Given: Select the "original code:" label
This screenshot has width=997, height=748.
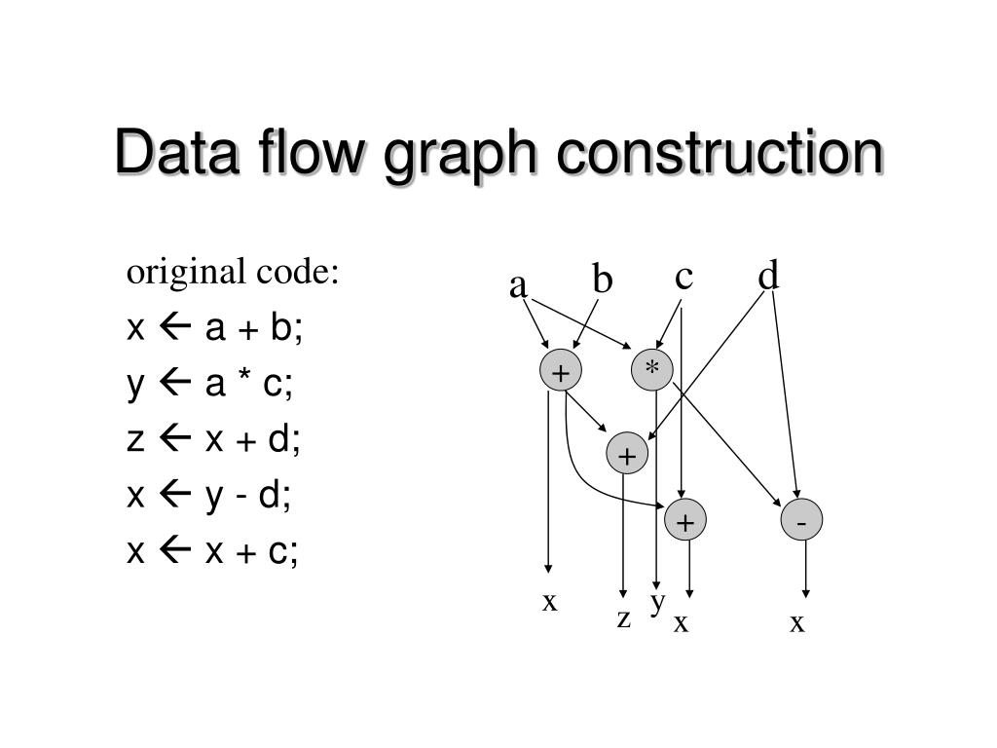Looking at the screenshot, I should (233, 273).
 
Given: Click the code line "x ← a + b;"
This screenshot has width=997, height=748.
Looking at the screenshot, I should (215, 329).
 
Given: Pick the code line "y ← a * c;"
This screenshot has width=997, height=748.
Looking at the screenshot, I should (209, 386).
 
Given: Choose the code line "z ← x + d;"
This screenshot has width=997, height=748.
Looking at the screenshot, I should (214, 441).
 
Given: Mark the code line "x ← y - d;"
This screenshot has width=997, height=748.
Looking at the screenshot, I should (209, 497).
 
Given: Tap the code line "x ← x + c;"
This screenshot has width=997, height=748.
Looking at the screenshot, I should (213, 552).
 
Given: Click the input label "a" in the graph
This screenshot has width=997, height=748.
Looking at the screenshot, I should (518, 286).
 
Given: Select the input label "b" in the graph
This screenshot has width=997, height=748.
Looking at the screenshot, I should (603, 280).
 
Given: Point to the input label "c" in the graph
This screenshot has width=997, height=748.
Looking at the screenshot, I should (683, 278).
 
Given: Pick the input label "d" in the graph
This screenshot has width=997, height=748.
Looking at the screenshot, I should (769, 278).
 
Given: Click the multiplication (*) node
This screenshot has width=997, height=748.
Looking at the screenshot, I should (651, 370).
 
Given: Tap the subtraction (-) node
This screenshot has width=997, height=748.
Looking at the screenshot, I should (801, 522).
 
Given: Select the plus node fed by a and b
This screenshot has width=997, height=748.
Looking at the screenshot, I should (560, 372).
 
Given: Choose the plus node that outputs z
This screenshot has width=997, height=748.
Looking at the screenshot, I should (627, 454).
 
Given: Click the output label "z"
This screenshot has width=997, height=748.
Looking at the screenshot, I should (623, 617).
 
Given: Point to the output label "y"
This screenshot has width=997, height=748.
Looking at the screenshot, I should (658, 601).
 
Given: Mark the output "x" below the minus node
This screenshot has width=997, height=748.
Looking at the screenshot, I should (797, 623).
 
